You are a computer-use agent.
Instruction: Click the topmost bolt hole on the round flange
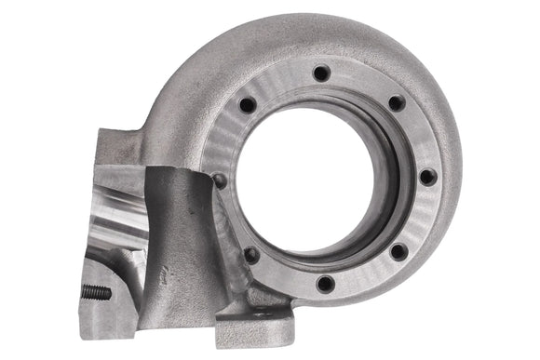pos(321,73)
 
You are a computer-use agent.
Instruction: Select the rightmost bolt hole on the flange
pos(427,177)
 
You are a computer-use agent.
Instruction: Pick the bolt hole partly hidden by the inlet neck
pos(220,180)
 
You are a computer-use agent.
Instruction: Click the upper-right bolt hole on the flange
pos(396,103)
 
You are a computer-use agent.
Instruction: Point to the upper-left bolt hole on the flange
pos(248,106)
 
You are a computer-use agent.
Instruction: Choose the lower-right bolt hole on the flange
pos(398,251)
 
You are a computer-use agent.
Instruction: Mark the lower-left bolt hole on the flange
pos(250,254)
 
